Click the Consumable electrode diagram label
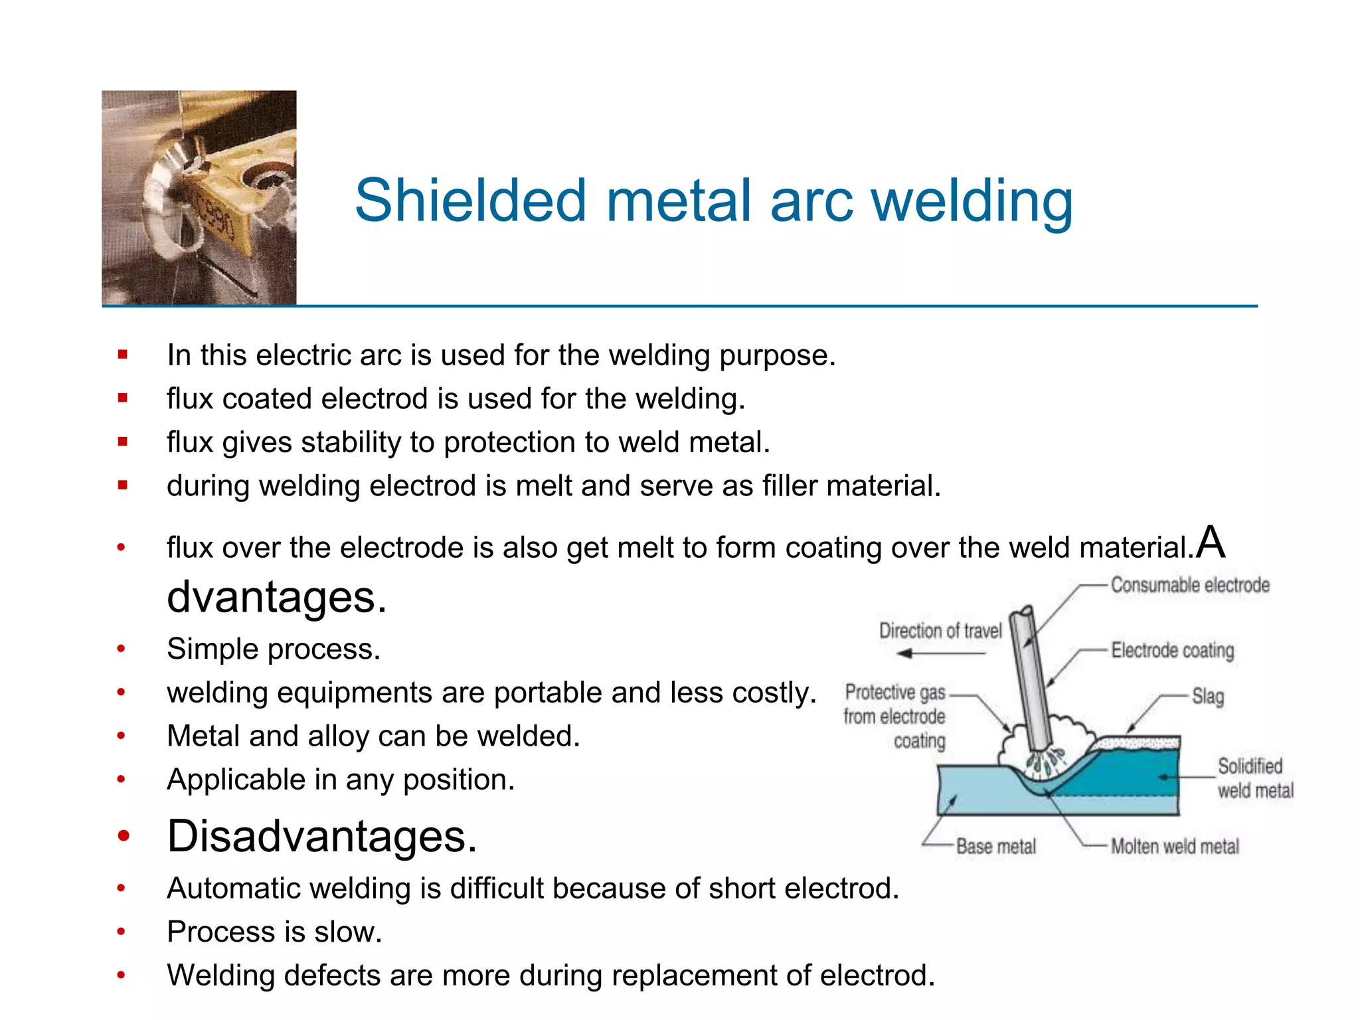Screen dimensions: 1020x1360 pyautogui.click(x=1190, y=585)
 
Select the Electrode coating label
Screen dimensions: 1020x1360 pyautogui.click(x=1173, y=650)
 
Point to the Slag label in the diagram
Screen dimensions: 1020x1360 pyautogui.click(x=1208, y=697)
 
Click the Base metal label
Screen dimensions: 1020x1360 pyautogui.click(x=995, y=847)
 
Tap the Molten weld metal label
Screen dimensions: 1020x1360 pyautogui.click(x=1175, y=847)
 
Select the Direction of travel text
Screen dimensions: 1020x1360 pyautogui.click(x=940, y=631)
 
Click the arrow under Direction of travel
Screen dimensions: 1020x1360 pyautogui.click(x=940, y=654)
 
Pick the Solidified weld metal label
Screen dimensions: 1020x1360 pyautogui.click(x=1254, y=778)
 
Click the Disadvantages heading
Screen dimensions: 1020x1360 pyautogui.click(x=322, y=836)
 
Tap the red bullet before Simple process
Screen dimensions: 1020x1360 pyautogui.click(x=121, y=649)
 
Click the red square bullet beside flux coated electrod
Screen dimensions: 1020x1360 pyautogui.click(x=122, y=398)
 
